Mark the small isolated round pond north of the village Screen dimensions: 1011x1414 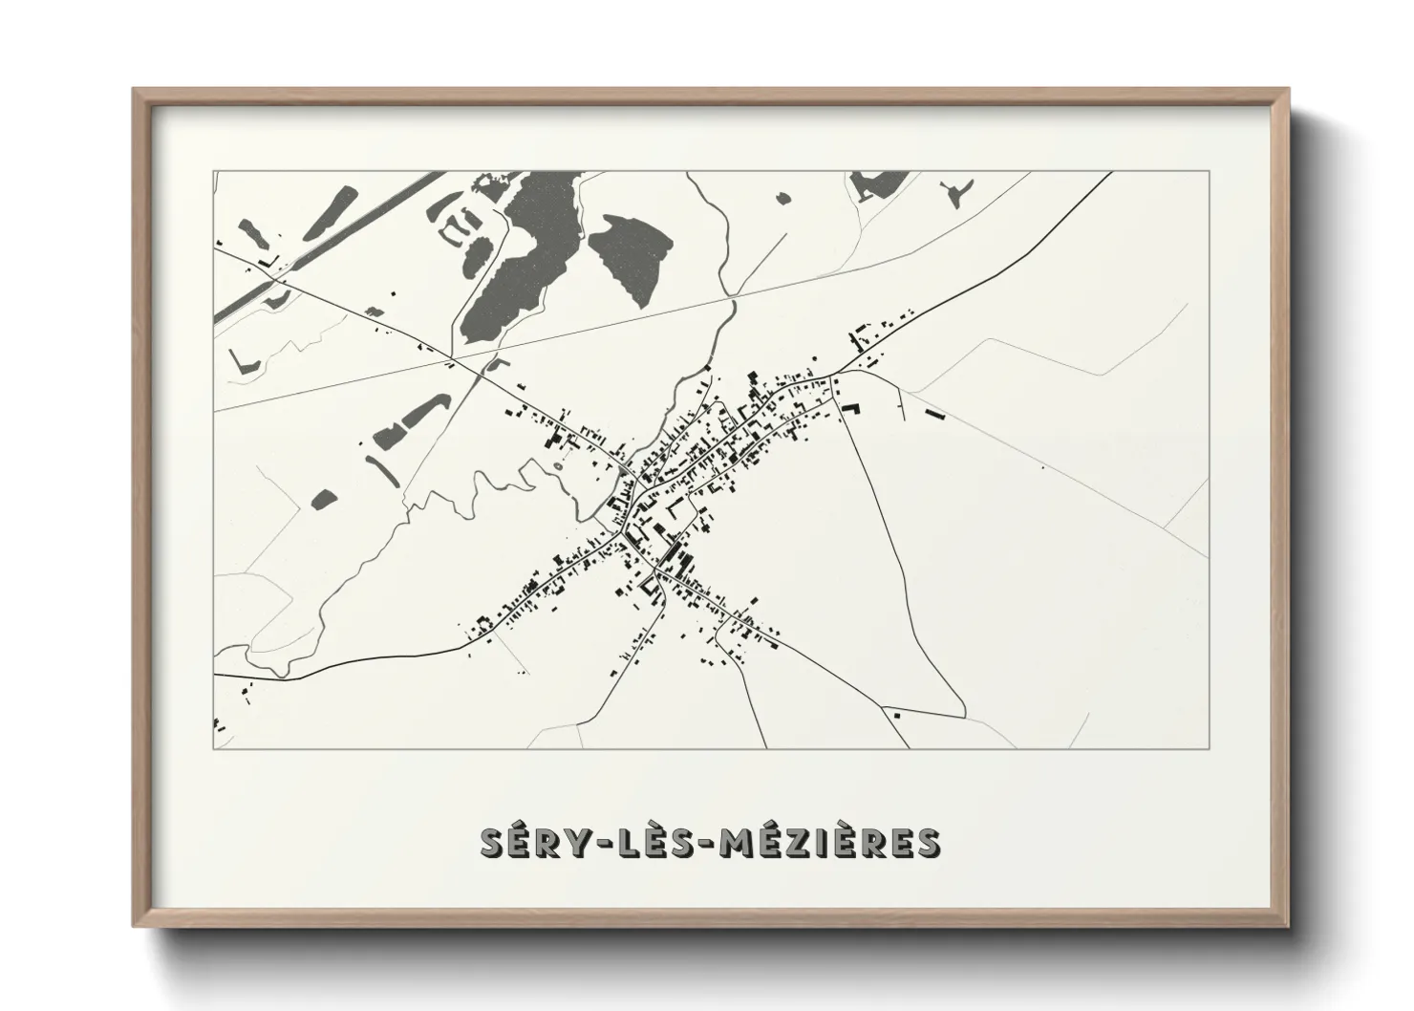(x=783, y=198)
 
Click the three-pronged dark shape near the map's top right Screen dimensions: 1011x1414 (x=953, y=193)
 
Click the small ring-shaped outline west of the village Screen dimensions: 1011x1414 (x=558, y=466)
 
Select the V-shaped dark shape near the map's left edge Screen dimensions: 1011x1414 (x=240, y=360)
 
